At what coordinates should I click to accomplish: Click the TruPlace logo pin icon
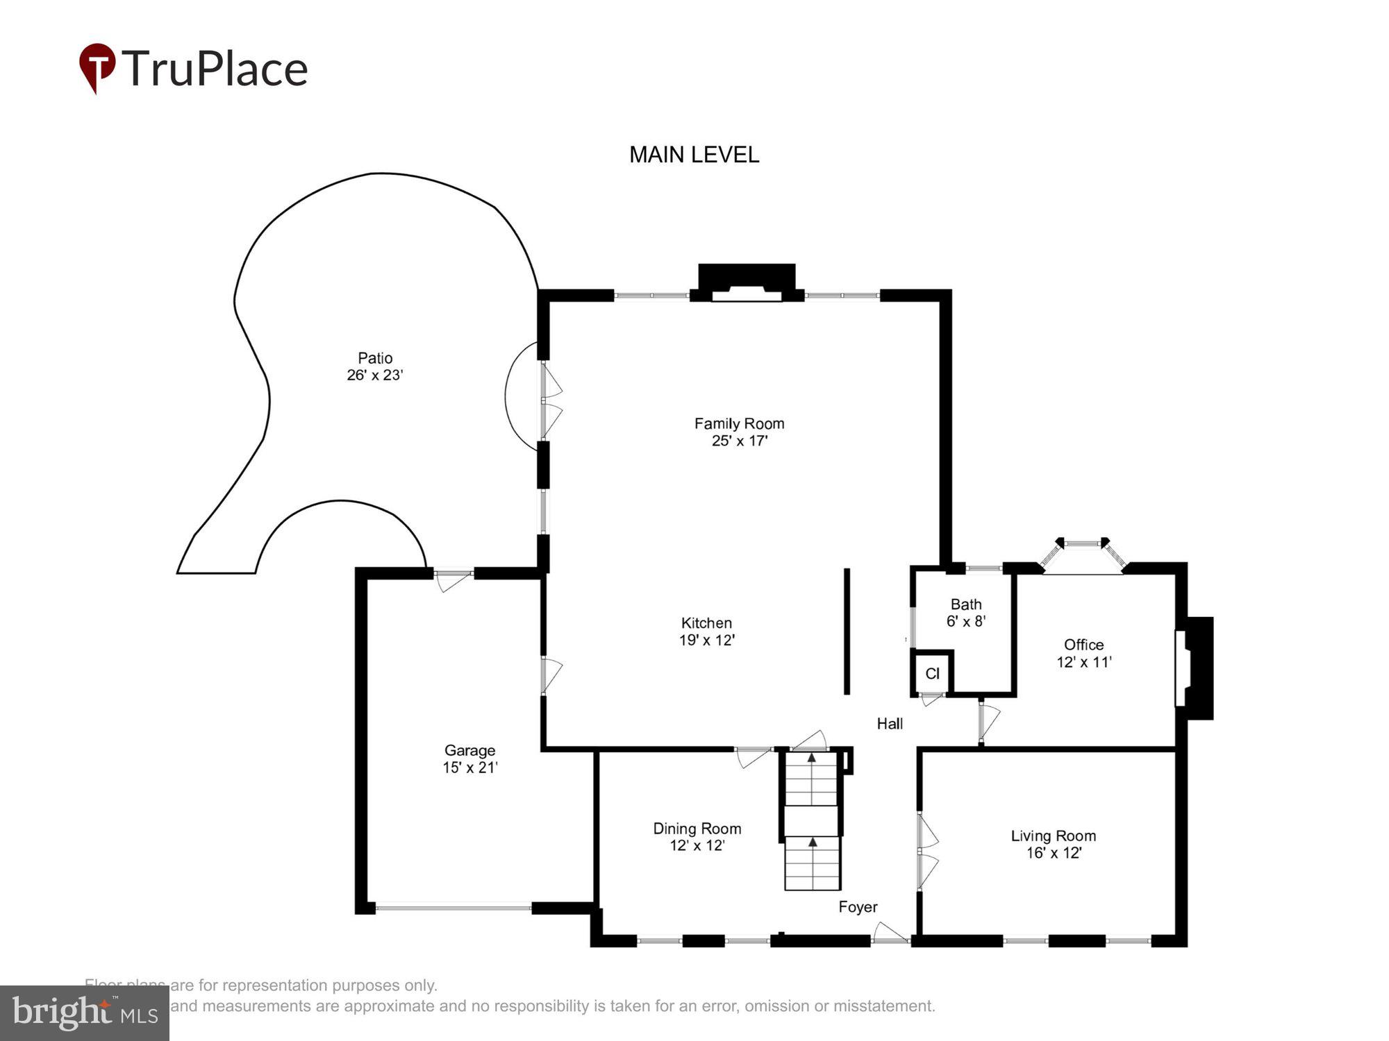click(x=97, y=67)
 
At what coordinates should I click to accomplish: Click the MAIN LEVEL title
click(x=694, y=155)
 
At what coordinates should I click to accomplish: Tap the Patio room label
click(x=375, y=366)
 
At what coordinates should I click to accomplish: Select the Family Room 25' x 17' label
click(x=739, y=432)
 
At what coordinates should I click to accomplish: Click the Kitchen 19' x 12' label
click(x=706, y=632)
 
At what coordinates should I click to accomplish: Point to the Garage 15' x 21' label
click(x=470, y=759)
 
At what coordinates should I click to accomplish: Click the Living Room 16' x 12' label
click(x=1053, y=844)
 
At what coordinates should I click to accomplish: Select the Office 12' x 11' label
click(x=1083, y=653)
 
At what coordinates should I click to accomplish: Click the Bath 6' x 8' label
click(x=966, y=613)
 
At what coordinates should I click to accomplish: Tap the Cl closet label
click(x=932, y=673)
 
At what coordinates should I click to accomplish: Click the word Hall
click(x=890, y=724)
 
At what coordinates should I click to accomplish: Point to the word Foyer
click(x=858, y=907)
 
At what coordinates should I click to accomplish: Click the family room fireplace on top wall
click(x=747, y=282)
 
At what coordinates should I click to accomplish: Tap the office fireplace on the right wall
click(x=1196, y=668)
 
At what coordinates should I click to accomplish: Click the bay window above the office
click(x=1083, y=555)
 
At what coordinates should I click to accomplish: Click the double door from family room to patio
click(x=549, y=400)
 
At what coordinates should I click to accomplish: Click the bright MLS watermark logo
click(x=85, y=1013)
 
